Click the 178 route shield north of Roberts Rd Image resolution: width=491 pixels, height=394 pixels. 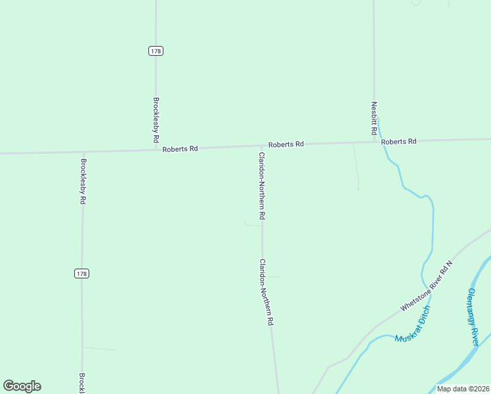click(156, 51)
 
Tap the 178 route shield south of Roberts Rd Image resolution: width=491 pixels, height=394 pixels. click(81, 273)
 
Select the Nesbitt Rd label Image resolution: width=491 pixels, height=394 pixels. click(374, 119)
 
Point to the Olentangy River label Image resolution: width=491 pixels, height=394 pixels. click(473, 317)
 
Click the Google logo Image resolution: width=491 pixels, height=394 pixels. click(22, 386)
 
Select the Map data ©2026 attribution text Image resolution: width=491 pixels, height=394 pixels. click(463, 389)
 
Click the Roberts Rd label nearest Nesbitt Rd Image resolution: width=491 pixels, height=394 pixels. click(398, 142)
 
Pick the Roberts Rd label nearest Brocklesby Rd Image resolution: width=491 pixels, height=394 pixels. click(180, 149)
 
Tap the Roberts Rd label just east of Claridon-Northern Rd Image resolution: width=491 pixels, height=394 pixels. click(286, 144)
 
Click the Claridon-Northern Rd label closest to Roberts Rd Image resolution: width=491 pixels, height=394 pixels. click(261, 186)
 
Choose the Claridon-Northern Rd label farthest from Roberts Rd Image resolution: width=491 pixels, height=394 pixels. click(265, 292)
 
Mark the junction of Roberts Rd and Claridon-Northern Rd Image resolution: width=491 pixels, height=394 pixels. click(261, 146)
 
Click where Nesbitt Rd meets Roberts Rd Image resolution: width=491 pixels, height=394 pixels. click(374, 141)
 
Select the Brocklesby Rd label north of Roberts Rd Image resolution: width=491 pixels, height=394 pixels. click(156, 121)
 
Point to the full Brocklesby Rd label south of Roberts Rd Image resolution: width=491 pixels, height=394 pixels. click(83, 182)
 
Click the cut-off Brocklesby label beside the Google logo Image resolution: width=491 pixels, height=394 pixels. click(82, 383)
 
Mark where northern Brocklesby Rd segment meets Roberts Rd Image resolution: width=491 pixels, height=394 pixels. click(156, 150)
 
